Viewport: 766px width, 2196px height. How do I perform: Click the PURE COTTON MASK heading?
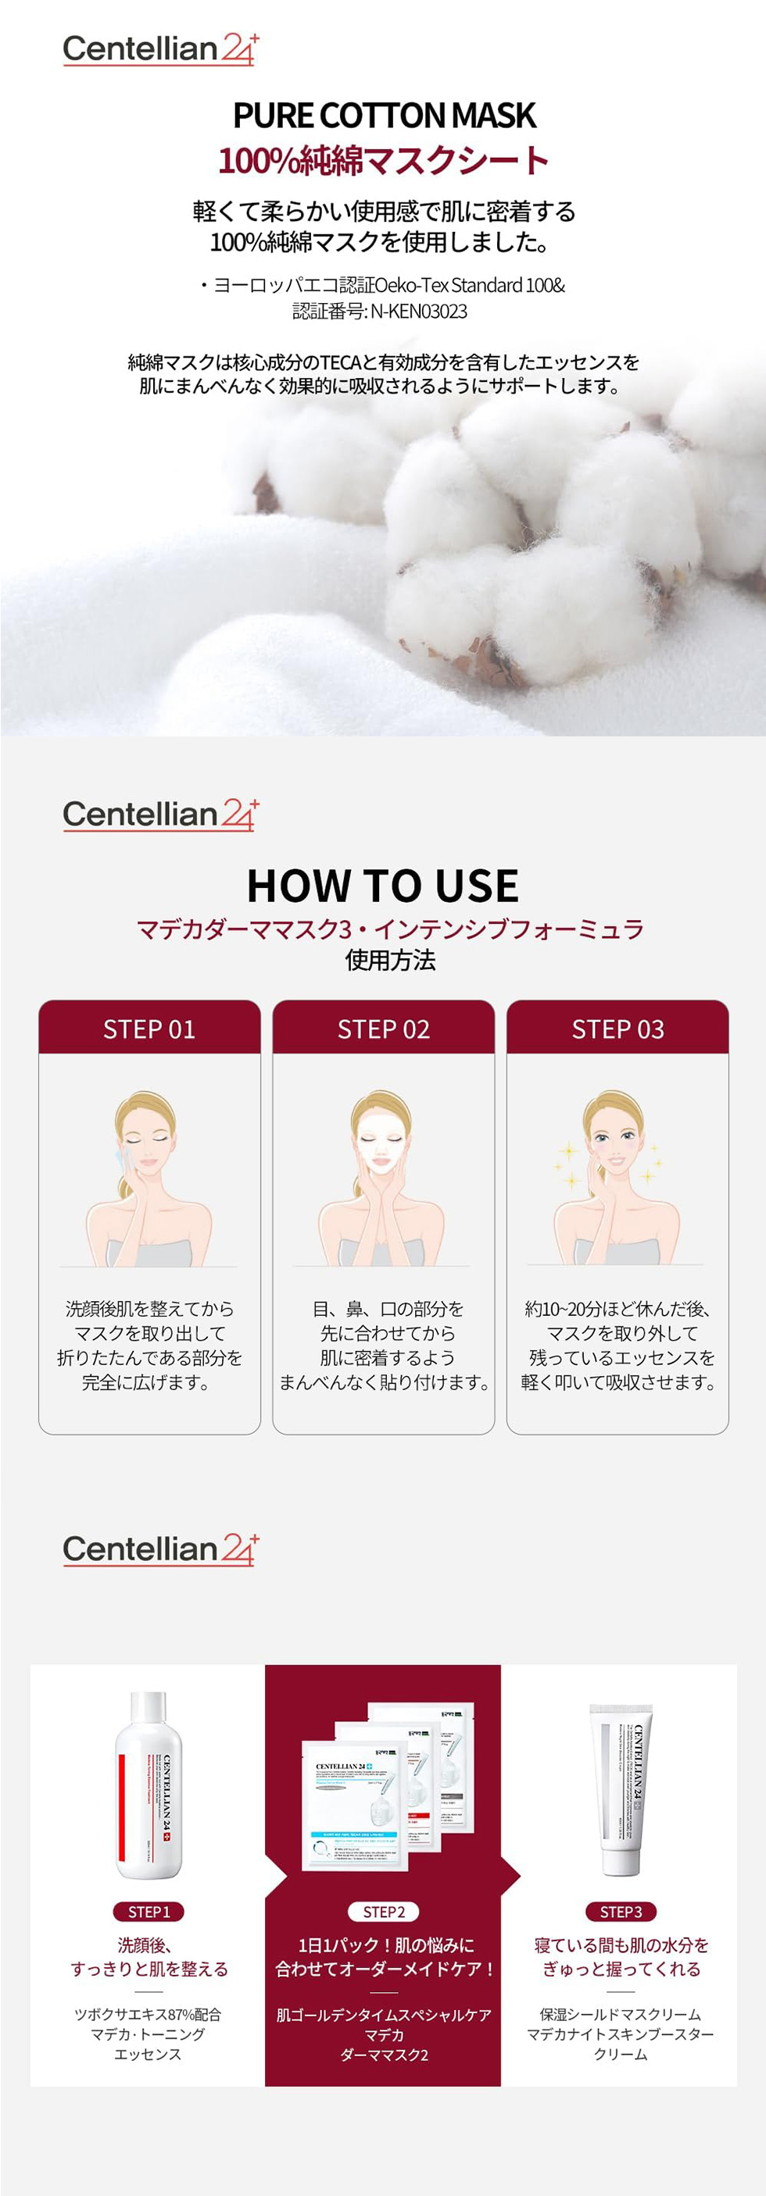[384, 116]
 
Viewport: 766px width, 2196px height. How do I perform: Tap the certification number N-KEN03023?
[418, 311]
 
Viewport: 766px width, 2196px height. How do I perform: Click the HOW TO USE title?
[383, 886]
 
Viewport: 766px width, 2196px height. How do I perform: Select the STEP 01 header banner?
[149, 1029]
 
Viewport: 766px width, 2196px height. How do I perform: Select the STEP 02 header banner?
[384, 1029]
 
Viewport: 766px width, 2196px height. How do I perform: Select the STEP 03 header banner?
[617, 1029]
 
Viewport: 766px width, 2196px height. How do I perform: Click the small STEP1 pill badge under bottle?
[149, 1911]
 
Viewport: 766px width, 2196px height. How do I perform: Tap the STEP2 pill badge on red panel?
[384, 1911]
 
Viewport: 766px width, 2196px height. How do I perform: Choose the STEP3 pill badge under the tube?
[620, 1911]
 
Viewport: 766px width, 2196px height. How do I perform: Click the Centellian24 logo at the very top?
[159, 49]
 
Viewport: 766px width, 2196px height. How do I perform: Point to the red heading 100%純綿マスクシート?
[384, 160]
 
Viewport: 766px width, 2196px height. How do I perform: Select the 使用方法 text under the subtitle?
[390, 961]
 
